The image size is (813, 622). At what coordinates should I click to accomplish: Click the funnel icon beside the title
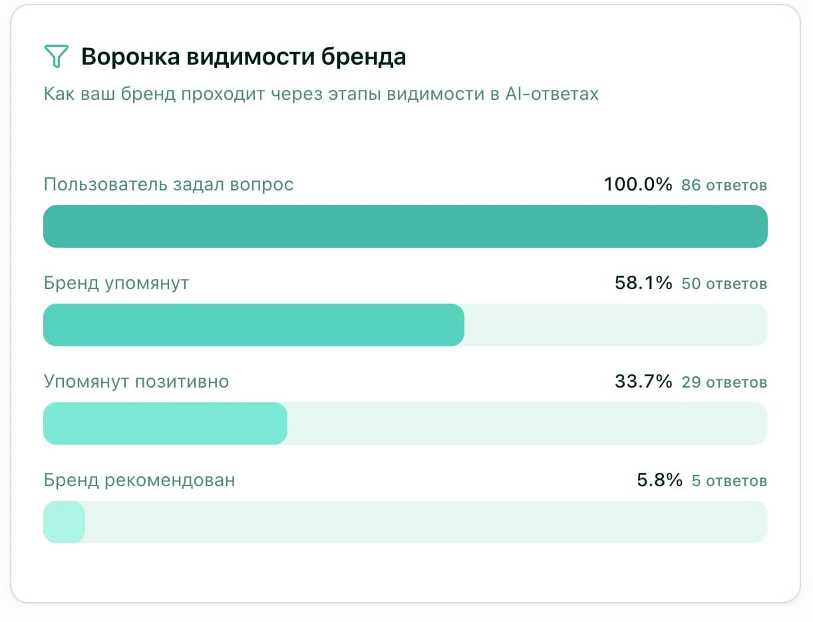click(x=56, y=57)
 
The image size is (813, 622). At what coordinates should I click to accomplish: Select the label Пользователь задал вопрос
click(x=168, y=184)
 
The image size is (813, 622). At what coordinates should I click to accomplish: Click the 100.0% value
click(x=638, y=184)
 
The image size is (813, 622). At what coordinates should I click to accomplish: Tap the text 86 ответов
click(x=724, y=185)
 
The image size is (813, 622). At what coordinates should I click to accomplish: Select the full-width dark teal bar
click(x=405, y=226)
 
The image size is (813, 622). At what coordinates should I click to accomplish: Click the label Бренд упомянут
click(x=116, y=283)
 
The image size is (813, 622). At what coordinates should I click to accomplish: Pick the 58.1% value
click(x=643, y=283)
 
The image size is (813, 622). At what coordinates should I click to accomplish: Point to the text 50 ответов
click(x=724, y=284)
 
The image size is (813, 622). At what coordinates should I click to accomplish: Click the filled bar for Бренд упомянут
click(x=253, y=325)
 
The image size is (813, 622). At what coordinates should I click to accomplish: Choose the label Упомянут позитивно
click(x=136, y=382)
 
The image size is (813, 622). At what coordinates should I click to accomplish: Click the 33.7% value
click(x=643, y=382)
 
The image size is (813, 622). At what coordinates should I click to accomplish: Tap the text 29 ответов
click(x=724, y=382)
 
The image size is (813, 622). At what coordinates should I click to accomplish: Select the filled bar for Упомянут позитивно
click(x=165, y=424)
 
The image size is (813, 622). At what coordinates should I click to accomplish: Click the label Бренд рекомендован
click(x=139, y=480)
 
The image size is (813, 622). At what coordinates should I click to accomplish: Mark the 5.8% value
click(x=659, y=480)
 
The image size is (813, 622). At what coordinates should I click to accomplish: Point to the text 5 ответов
click(x=729, y=481)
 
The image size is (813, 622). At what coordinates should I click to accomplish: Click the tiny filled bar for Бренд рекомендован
click(x=64, y=522)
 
